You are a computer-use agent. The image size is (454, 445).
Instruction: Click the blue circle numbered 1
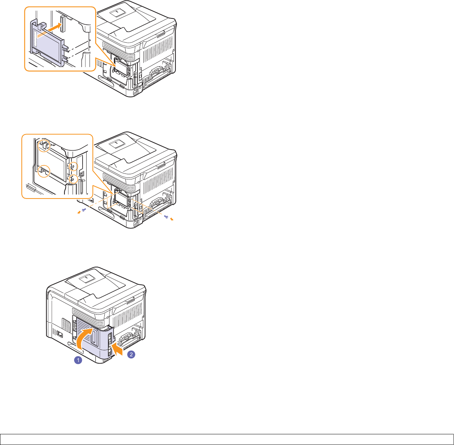pos(78,360)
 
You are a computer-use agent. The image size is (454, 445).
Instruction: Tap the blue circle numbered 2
pos(131,354)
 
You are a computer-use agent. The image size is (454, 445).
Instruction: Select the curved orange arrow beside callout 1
pos(84,338)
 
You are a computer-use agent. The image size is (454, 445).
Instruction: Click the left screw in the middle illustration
pos(84,210)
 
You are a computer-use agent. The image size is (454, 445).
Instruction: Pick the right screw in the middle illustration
pos(166,217)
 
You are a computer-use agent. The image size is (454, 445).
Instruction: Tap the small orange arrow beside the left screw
pos(79,213)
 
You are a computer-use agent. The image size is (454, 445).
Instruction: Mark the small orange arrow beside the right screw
pos(172,219)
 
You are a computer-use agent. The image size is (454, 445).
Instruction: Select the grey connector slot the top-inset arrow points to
pos(62,24)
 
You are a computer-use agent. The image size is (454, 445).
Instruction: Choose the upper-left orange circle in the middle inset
pos(44,146)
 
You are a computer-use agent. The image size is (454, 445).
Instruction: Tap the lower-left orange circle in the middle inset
pos(44,171)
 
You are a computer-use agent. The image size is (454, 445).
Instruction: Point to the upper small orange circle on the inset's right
pos(73,167)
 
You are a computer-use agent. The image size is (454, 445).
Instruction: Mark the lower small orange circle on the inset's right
pos(73,179)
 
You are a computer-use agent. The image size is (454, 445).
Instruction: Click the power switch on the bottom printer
pos(60,334)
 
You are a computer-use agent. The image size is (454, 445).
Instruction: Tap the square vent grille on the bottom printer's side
pos(66,325)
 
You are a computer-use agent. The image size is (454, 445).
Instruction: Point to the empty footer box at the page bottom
pos(227,439)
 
